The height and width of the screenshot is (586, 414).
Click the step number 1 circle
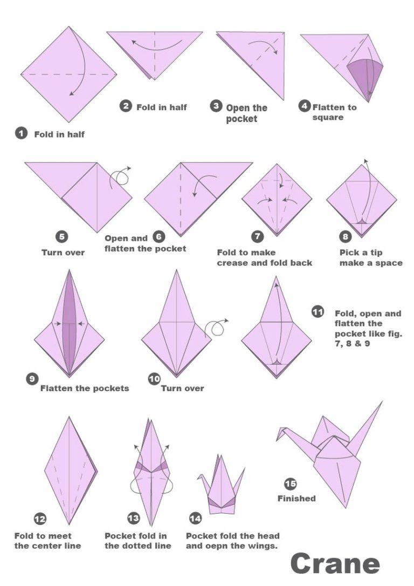click(x=21, y=133)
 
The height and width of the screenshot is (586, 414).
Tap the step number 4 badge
click(x=305, y=106)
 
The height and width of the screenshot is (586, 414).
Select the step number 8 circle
click(x=346, y=236)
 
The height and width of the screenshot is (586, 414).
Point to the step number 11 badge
click(x=318, y=312)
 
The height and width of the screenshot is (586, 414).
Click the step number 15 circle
click(x=291, y=484)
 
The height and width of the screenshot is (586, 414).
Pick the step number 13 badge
click(x=133, y=518)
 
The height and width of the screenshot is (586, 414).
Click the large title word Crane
click(x=335, y=564)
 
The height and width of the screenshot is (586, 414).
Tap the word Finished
click(x=296, y=499)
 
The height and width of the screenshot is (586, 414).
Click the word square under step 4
click(x=328, y=118)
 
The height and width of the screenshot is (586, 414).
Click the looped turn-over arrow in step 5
click(x=120, y=176)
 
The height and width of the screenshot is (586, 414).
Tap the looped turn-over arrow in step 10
click(x=217, y=327)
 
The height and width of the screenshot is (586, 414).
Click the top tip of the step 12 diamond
click(x=69, y=417)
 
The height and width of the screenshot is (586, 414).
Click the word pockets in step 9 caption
click(x=111, y=389)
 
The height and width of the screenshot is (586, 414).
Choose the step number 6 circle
click(x=158, y=236)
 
